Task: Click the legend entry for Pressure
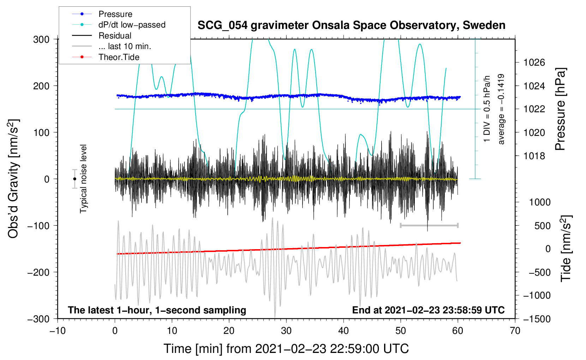[x=115, y=14]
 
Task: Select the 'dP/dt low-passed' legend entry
[x=132, y=25]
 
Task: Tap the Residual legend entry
[x=115, y=36]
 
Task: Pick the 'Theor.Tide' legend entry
[x=119, y=57]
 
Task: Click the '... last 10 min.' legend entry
[x=125, y=46]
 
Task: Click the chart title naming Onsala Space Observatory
[x=351, y=25]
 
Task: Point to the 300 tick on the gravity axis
[x=41, y=40]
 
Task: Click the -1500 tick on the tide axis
[x=537, y=319]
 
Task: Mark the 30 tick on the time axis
[x=286, y=331]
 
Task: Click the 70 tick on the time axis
[x=515, y=331]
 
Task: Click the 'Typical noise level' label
[x=83, y=179]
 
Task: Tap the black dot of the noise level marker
[x=74, y=179]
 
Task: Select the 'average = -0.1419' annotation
[x=501, y=109]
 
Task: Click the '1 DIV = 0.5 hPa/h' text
[x=487, y=109]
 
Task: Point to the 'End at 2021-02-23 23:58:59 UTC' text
[x=428, y=310]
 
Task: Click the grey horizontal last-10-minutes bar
[x=429, y=225]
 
